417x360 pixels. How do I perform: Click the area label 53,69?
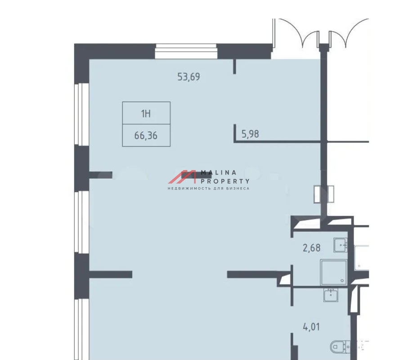pos(188,77)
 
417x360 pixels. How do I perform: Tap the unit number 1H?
pos(146,113)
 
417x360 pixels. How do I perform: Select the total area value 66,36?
pos(146,136)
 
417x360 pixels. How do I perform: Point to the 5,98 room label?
pos(250,134)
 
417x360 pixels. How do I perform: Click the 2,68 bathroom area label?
pos(311,248)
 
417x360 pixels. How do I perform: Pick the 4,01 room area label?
pos(311,327)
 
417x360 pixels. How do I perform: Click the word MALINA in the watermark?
pos(219,172)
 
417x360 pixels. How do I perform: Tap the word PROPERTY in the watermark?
pos(225,181)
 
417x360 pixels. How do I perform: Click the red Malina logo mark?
pos(182,177)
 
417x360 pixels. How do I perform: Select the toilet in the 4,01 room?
pos(339,346)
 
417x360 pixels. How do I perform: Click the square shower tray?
pos(334,272)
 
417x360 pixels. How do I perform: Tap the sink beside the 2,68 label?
pos(341,245)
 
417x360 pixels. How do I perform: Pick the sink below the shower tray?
pos(331,295)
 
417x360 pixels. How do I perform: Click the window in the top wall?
pos(186,51)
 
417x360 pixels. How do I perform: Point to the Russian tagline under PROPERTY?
pos(209,189)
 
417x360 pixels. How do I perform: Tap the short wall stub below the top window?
pos(234,66)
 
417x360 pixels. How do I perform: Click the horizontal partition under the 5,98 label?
pos(277,142)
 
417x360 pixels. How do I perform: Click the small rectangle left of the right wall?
pos(317,194)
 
